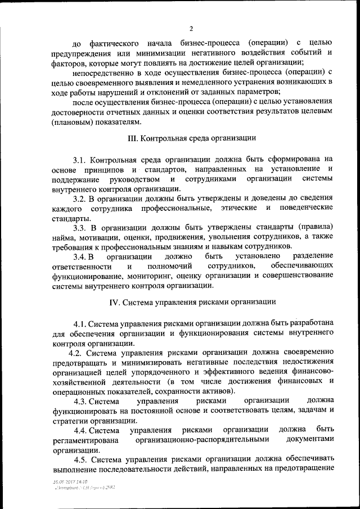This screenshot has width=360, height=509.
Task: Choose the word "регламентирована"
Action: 85,440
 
